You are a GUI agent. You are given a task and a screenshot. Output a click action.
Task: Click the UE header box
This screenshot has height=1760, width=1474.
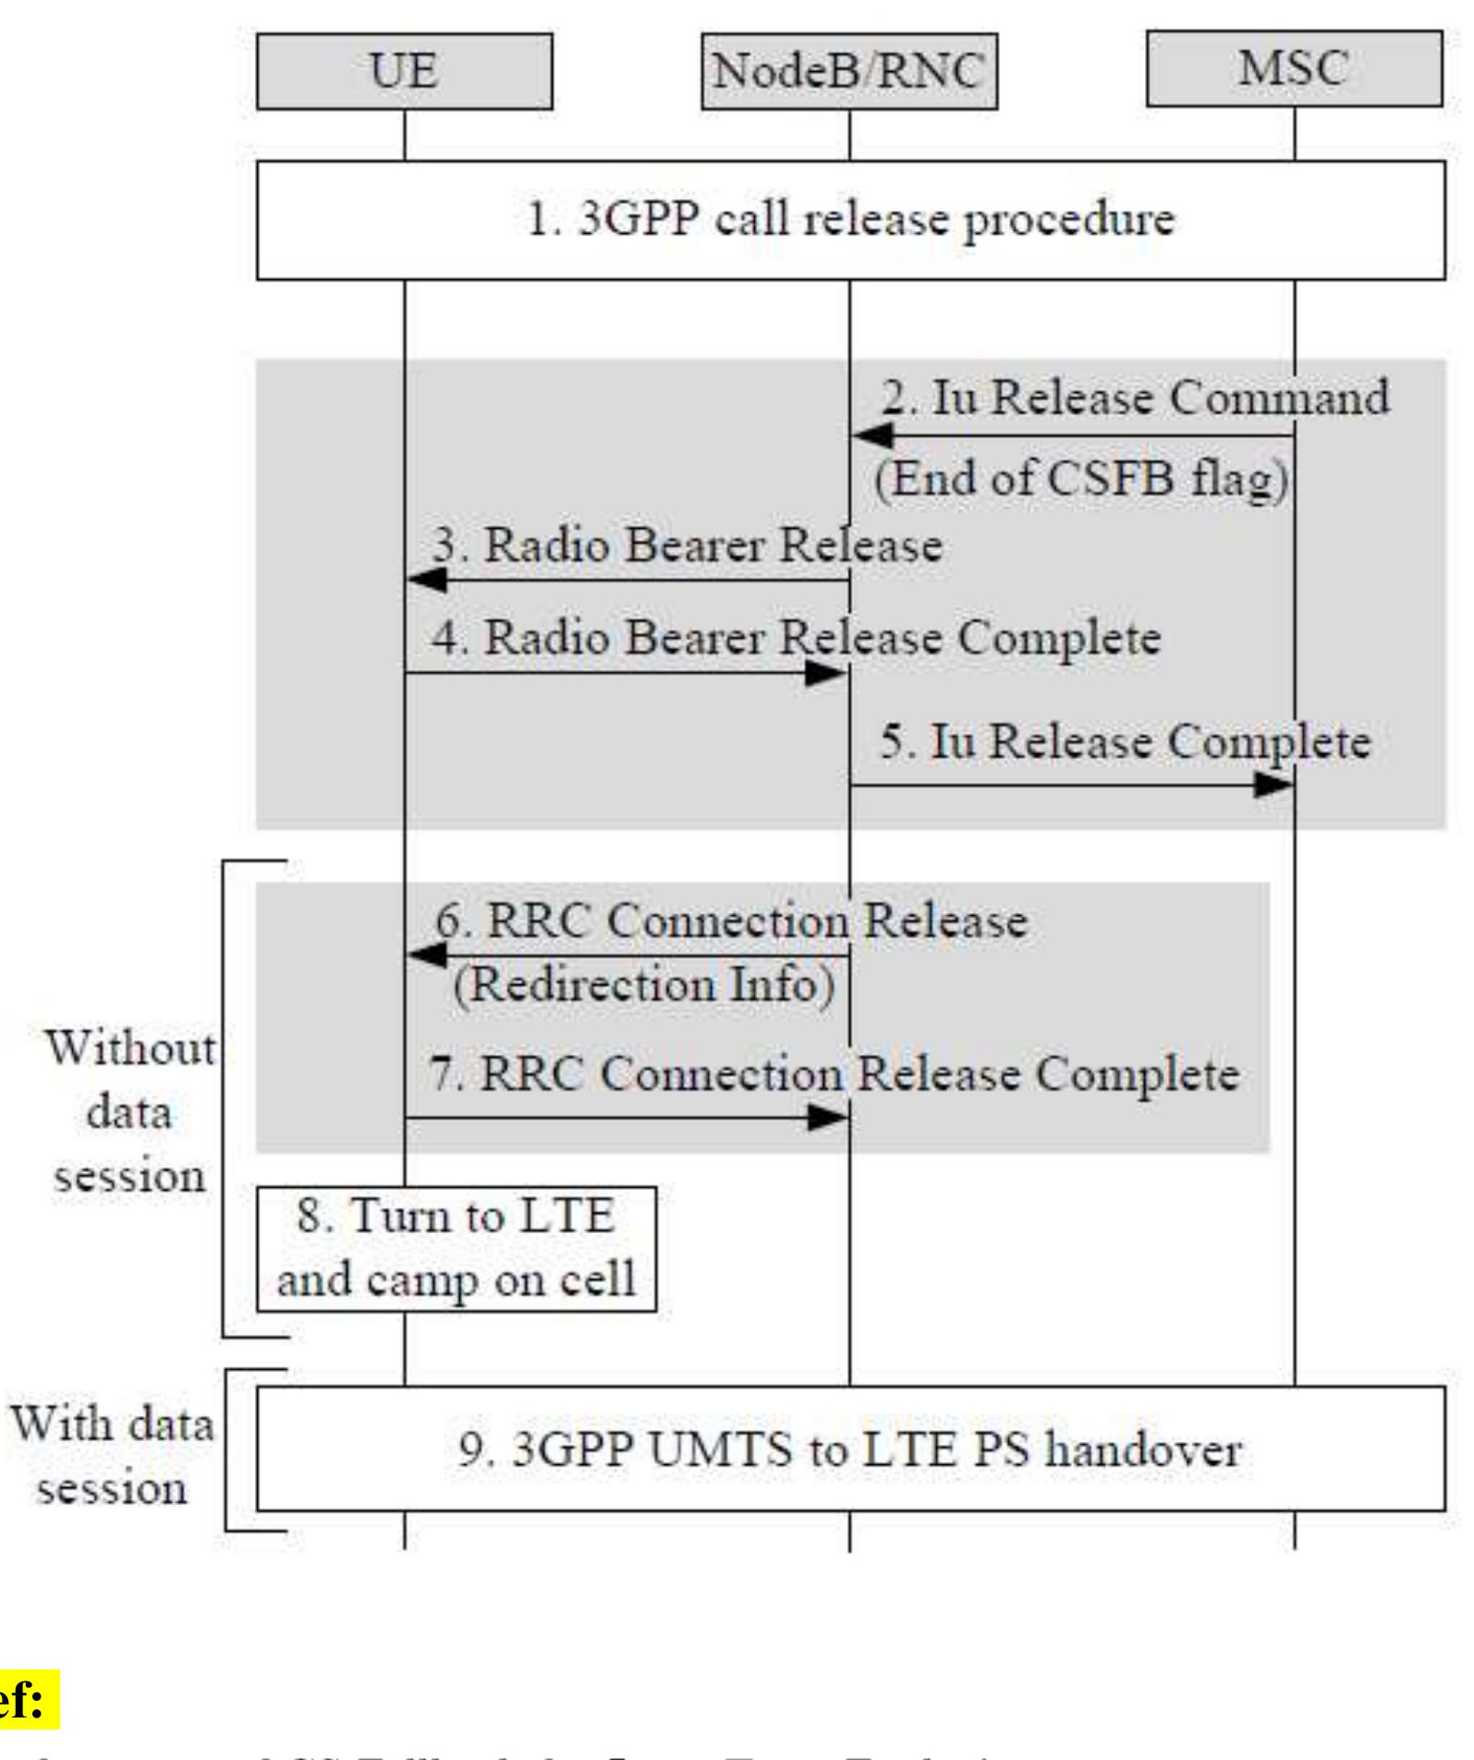(x=404, y=71)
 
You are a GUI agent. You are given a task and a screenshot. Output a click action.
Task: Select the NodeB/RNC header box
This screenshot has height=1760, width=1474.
(x=848, y=71)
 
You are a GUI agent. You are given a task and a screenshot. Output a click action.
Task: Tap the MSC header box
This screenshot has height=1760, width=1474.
(x=1294, y=69)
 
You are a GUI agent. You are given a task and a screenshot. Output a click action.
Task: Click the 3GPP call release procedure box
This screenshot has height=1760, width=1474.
(x=850, y=220)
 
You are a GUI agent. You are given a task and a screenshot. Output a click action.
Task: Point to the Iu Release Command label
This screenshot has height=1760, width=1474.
(x=1135, y=397)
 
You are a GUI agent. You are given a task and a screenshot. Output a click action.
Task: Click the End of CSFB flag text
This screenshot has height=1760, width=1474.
(x=1081, y=479)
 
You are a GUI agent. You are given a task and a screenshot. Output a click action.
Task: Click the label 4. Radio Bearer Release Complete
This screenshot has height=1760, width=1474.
(x=796, y=638)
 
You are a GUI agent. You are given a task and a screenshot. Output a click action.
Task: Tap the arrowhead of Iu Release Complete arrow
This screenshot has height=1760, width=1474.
(x=1273, y=786)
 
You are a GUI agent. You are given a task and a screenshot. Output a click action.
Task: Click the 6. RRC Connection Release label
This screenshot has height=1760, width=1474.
(x=731, y=922)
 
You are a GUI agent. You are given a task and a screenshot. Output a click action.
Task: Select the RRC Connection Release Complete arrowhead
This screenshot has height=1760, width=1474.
(x=827, y=1118)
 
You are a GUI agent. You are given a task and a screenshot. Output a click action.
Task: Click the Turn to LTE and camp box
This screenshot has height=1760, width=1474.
(x=457, y=1249)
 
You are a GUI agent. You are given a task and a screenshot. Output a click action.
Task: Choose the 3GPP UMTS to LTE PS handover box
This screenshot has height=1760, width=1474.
(x=850, y=1448)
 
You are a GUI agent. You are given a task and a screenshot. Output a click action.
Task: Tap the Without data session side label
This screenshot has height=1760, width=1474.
(x=129, y=1112)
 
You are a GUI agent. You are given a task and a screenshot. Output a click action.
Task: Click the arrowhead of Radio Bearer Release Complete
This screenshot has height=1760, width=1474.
(x=825, y=674)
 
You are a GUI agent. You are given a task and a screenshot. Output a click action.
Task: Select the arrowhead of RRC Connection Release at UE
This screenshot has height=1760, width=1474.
(x=427, y=956)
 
